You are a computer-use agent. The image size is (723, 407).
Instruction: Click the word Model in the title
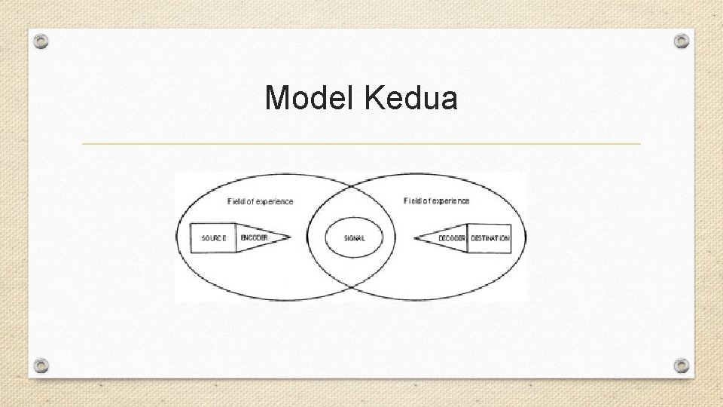click(310, 97)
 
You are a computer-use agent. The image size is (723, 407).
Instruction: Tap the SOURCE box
click(213, 238)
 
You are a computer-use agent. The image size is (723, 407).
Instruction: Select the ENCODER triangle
click(258, 238)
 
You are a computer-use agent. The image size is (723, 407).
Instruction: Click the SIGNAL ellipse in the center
click(354, 238)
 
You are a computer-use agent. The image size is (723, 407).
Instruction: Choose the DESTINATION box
click(490, 238)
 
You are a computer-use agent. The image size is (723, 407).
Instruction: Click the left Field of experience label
click(260, 201)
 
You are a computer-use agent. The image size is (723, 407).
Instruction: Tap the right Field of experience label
click(436, 200)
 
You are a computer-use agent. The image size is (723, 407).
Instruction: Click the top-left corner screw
click(42, 41)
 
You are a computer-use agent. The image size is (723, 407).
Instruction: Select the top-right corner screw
click(681, 41)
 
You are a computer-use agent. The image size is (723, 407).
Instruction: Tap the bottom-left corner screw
click(42, 366)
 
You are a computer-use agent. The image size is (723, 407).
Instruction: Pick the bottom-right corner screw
click(681, 366)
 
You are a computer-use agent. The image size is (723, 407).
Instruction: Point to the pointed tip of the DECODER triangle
click(416, 238)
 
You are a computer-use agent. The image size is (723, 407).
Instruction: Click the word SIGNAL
click(354, 238)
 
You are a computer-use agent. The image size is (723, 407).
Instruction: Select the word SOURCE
click(213, 238)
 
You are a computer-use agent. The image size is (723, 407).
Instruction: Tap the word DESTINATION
click(490, 238)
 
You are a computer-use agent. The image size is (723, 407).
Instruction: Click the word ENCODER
click(254, 238)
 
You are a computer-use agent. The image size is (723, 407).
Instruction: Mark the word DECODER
click(452, 238)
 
